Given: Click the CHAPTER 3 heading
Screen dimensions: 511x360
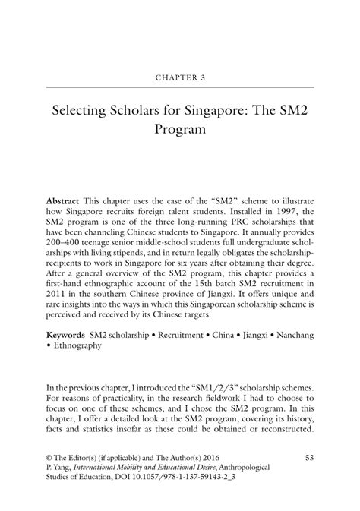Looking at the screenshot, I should click(x=180, y=77).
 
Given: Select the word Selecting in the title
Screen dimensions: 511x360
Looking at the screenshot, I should click(x=81, y=112).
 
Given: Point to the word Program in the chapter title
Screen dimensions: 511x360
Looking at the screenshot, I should click(x=180, y=130).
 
